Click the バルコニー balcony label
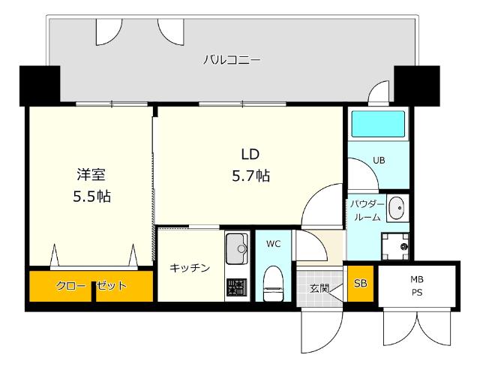pyautogui.click(x=232, y=59)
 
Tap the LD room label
pyautogui.click(x=250, y=155)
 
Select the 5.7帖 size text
pyautogui.click(x=250, y=176)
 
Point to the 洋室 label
pyautogui.click(x=91, y=175)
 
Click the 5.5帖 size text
pyautogui.click(x=91, y=196)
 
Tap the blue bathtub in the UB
pyautogui.click(x=378, y=124)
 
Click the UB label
pyautogui.click(x=379, y=160)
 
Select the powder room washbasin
pyautogui.click(x=397, y=208)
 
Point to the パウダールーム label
pyautogui.click(x=367, y=210)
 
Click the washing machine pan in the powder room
pyautogui.click(x=395, y=246)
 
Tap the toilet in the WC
pyautogui.click(x=274, y=283)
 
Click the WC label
pyautogui.click(x=273, y=244)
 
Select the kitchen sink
pyautogui.click(x=237, y=248)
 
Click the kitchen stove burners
pyautogui.click(x=236, y=287)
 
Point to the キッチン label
pyautogui.click(x=190, y=268)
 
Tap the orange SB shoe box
pyautogui.click(x=360, y=284)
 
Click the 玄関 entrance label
pyautogui.click(x=319, y=288)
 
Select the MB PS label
pyautogui.click(x=417, y=286)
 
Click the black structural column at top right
pyautogui.click(x=417, y=86)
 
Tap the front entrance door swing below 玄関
pyautogui.click(x=322, y=330)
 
